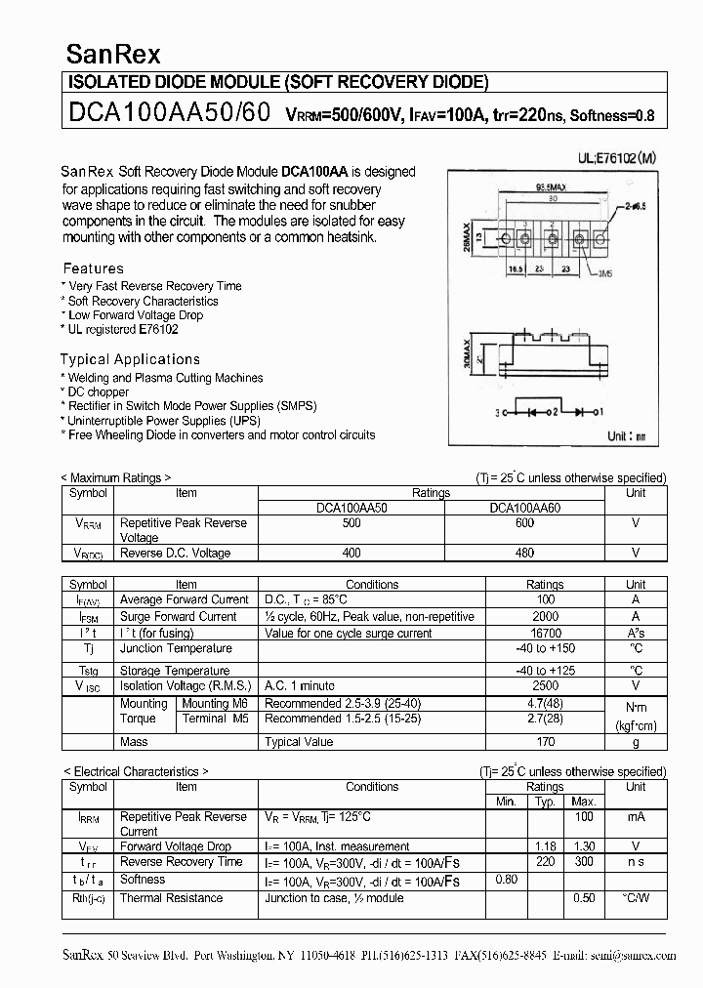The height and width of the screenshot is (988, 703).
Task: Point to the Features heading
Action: pos(94,268)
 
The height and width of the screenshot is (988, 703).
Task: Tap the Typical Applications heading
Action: pos(130,359)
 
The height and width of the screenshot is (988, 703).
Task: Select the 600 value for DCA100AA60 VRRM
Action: pos(524,523)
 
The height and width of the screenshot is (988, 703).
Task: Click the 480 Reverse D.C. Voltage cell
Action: pos(524,553)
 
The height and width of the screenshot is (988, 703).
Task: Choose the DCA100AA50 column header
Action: pos(351,508)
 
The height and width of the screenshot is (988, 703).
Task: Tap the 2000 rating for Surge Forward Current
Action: pos(545,616)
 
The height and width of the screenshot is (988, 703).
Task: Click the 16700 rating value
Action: pos(545,633)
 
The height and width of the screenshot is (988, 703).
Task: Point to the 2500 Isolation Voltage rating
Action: pos(545,686)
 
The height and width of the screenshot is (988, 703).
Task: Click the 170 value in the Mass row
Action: pos(545,742)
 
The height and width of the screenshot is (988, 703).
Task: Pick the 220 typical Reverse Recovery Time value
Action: pos(545,862)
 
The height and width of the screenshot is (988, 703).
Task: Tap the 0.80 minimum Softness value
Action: pos(506,879)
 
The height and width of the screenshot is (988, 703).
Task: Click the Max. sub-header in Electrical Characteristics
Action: pos(584,802)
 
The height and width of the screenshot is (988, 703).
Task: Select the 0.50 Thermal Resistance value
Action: pos(584,898)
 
